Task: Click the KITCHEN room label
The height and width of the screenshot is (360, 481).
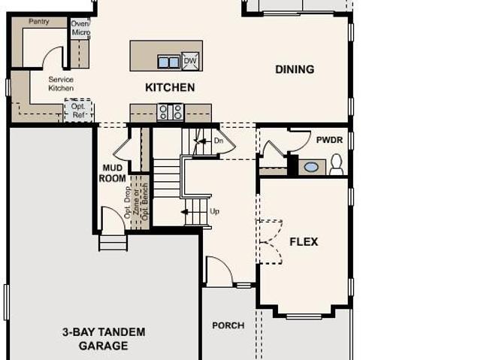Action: coord(170,87)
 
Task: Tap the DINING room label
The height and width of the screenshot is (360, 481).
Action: coord(295,69)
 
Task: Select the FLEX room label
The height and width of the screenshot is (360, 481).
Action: coord(304,242)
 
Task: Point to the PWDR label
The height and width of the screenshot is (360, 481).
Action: coord(329,140)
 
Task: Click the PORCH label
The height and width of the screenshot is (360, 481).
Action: coord(228,325)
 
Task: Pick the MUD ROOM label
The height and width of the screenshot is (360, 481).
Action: coord(112,173)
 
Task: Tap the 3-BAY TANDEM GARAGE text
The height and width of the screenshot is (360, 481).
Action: coord(104,339)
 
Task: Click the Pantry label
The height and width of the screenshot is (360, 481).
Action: coord(39,22)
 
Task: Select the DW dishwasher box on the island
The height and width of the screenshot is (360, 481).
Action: coord(190,61)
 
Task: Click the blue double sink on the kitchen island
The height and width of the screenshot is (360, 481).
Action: coord(168,62)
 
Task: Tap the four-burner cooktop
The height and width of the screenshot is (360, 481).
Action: coord(171,112)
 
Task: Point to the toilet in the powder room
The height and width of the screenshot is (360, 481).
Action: coord(336,165)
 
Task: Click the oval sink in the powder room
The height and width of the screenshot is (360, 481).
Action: coord(311,167)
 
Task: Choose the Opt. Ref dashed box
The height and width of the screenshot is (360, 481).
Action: coord(78,110)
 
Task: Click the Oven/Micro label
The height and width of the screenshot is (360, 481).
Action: coord(80,28)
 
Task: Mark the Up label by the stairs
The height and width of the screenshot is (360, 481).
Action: coord(214,211)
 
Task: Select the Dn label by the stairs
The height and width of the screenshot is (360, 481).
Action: coord(219,141)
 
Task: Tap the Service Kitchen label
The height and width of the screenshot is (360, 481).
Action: coord(61,83)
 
